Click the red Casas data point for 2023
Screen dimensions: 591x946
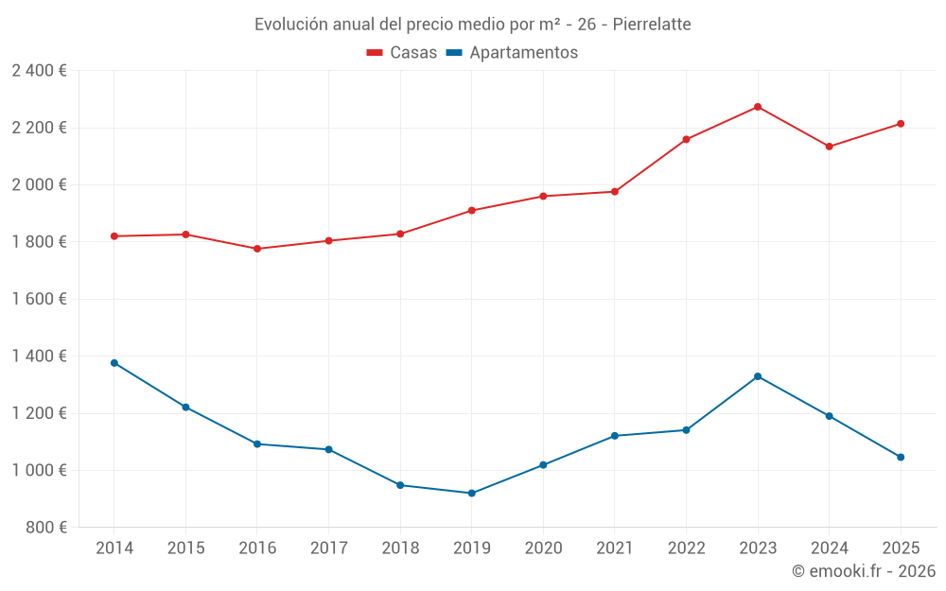(758, 107)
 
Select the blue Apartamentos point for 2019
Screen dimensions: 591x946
(471, 493)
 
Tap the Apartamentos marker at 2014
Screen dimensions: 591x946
(114, 363)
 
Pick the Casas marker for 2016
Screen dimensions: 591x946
(257, 249)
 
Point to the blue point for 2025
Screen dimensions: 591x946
(901, 457)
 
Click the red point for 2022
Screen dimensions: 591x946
(686, 139)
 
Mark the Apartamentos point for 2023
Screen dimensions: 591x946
(758, 376)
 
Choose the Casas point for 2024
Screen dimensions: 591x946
(830, 147)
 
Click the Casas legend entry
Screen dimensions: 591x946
(402, 53)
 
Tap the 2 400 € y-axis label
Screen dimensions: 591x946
(39, 71)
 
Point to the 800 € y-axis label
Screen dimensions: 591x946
(45, 528)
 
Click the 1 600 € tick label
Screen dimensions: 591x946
(39, 299)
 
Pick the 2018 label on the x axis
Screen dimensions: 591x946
(400, 548)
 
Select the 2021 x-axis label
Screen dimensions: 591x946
(615, 548)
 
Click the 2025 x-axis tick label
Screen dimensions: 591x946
(901, 548)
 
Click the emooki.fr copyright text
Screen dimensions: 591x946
(864, 571)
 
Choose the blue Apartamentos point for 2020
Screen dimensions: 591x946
(543, 464)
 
